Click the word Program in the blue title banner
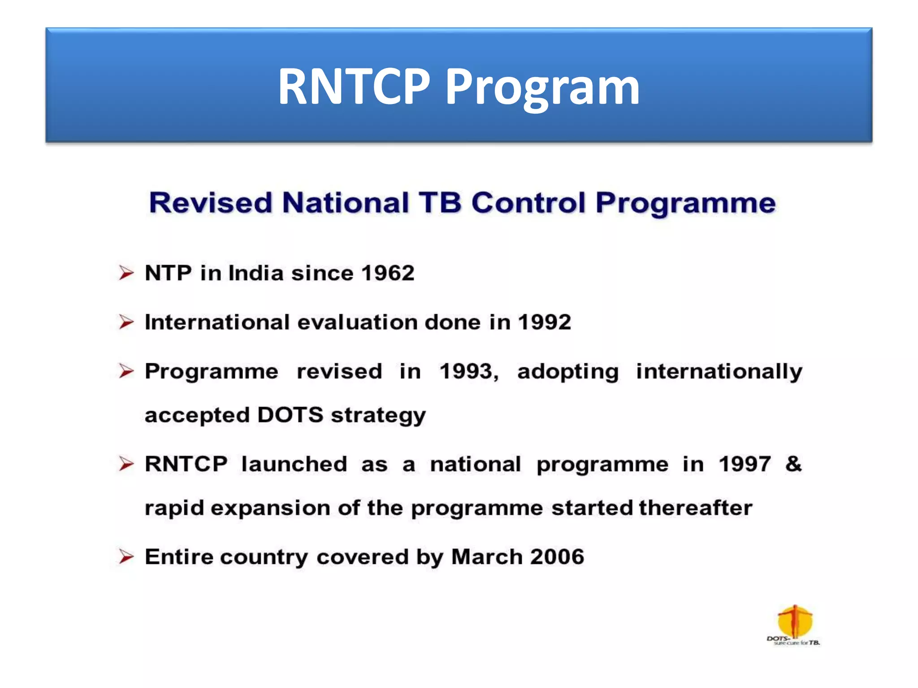click(542, 87)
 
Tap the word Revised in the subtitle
click(211, 202)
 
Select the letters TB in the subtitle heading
click(440, 202)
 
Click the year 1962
click(388, 273)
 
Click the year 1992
click(544, 322)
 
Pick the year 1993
click(467, 371)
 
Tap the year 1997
click(745, 464)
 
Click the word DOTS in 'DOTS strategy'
click(290, 415)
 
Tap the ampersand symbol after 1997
click(793, 464)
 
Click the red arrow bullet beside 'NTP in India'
click(126, 273)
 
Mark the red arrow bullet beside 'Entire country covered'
click(126, 557)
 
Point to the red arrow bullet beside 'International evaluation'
click(126, 322)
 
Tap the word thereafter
click(695, 508)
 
